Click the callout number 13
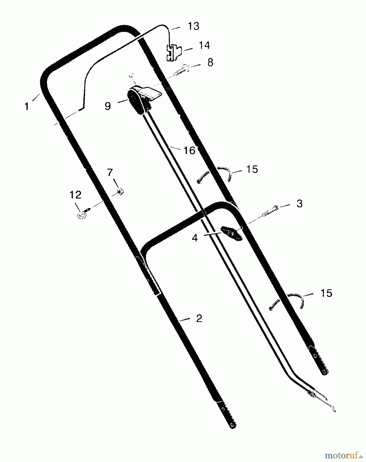pos(194,26)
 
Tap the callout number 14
pos(204,45)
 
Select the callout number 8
pos(210,63)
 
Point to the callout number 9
pos(108,106)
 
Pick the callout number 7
pos(110,173)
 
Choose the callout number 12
pos(76,195)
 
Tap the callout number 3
pos(299,204)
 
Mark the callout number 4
pos(195,238)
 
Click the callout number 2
pos(199,319)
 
